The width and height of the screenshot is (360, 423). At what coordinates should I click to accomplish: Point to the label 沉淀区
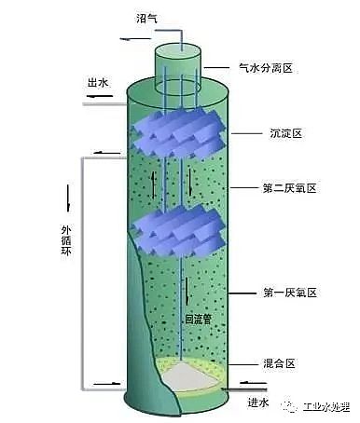pos(284,134)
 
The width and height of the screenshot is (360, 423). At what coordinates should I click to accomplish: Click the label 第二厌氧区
pos(291,188)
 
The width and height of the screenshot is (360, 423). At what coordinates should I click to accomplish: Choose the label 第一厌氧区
pos(291,293)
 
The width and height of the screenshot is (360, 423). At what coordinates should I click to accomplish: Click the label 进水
pos(259,403)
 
